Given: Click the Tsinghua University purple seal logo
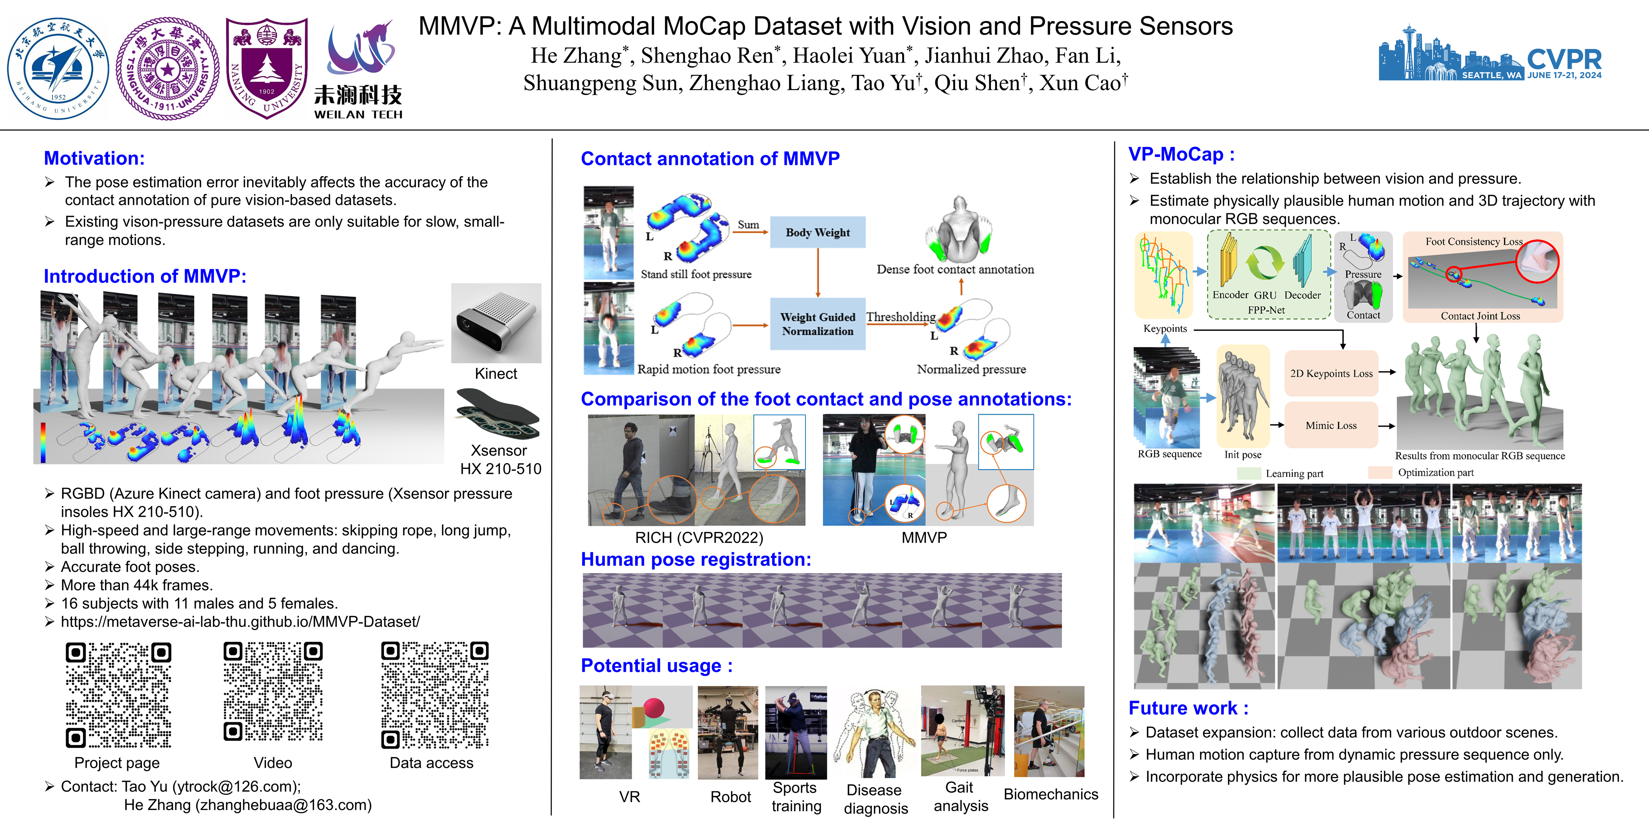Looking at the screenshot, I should point(168,68).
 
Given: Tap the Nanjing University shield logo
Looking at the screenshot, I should point(266,67).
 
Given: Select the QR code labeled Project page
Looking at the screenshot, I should point(119,695).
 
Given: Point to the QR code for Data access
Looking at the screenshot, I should point(435,695).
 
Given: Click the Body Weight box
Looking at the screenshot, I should point(818,232).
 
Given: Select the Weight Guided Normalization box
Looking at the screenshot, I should point(818,324).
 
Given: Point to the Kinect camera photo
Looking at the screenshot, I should point(496,323).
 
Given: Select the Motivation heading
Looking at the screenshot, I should point(94,158).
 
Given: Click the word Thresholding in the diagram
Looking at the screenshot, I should point(901,317).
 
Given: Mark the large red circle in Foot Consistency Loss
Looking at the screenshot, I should point(1537,261).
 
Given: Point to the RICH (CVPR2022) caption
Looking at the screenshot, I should point(699,537).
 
